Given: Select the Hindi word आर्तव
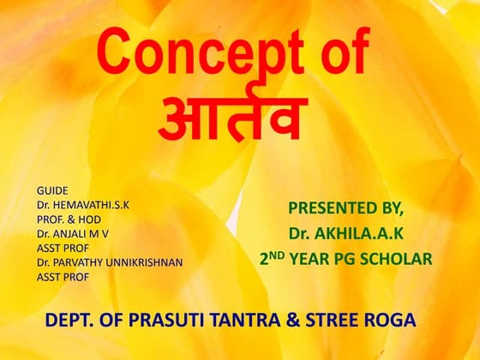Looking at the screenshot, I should click(x=232, y=121).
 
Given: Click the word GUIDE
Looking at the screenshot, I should click(x=52, y=189).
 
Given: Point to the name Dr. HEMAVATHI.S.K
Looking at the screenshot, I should click(x=87, y=204).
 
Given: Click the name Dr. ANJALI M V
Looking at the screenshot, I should click(x=73, y=233).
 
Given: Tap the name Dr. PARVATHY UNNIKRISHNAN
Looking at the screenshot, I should click(x=110, y=262).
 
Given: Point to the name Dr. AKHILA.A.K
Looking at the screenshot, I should click(x=345, y=233).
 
